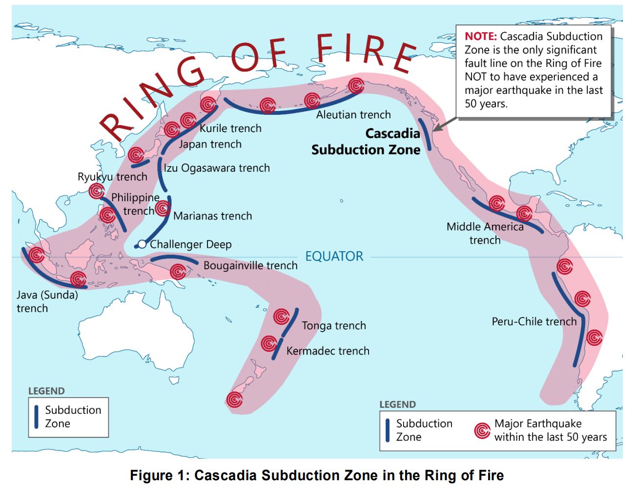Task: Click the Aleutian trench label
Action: coord(353,115)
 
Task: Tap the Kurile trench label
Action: coord(230,128)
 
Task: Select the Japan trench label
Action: coord(210,144)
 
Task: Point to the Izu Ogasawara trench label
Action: coord(217,168)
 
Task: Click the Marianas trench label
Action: coord(213,216)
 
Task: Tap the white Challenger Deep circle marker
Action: coord(142,244)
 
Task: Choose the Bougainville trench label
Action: coord(250,266)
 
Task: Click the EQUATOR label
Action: coord(334,256)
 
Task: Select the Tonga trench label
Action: coord(334,326)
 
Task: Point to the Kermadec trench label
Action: coord(328,351)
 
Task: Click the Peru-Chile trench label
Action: coord(534,321)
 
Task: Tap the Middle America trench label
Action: coord(485,234)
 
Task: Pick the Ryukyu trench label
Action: coord(112,177)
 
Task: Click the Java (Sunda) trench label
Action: coord(47,301)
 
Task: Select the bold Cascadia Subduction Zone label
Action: coord(366,142)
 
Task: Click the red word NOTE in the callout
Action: coord(480,37)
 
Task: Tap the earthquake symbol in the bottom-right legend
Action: coord(482,430)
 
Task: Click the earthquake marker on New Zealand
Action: coord(235,400)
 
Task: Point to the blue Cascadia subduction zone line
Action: coord(425,134)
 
